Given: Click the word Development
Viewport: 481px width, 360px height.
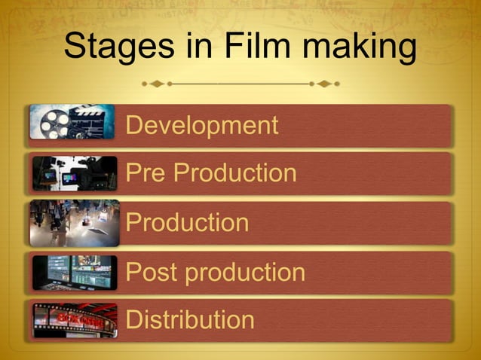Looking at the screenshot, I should [x=202, y=125].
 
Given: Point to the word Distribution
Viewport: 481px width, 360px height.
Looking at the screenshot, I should [x=190, y=320].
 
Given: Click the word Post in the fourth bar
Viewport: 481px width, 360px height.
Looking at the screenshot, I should [x=152, y=272].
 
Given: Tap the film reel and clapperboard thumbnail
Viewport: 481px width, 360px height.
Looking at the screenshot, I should [x=72, y=122].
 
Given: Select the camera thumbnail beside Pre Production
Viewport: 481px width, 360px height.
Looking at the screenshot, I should [x=74, y=173].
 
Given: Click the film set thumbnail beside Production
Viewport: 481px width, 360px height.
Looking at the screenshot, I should [x=74, y=223].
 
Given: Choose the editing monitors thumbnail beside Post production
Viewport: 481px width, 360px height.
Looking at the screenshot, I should [x=74, y=272].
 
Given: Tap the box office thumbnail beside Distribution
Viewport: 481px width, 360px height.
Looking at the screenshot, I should [x=74, y=320].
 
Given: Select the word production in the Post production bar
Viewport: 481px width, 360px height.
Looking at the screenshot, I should [x=245, y=272].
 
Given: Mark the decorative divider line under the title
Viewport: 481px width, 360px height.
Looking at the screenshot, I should [x=241, y=83].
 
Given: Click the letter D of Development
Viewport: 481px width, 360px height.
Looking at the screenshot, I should [x=135, y=125].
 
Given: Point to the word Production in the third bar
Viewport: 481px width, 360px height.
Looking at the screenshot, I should [x=187, y=223].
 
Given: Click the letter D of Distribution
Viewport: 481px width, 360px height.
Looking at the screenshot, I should [x=135, y=320].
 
